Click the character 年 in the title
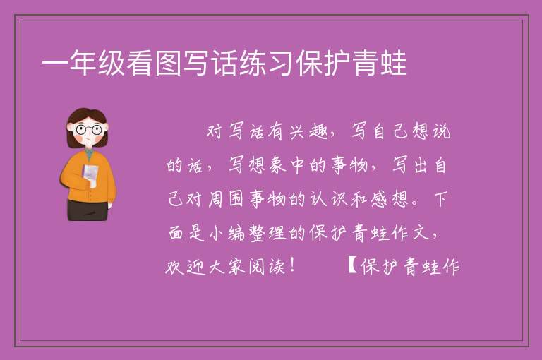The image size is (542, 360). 83,63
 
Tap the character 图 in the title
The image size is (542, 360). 168,63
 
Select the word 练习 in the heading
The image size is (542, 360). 253,63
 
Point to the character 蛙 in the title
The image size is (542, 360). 393,63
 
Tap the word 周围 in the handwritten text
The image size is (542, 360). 226,199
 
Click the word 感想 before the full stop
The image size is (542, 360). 390,199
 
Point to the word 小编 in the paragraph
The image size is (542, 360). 227,233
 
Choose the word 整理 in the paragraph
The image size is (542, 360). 267,233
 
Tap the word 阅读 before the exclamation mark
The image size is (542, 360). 267,267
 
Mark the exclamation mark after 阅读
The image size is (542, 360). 293,265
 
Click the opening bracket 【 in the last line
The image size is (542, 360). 352,265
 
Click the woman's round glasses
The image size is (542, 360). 88,130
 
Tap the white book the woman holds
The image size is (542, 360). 90,175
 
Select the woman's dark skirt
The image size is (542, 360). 88,210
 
